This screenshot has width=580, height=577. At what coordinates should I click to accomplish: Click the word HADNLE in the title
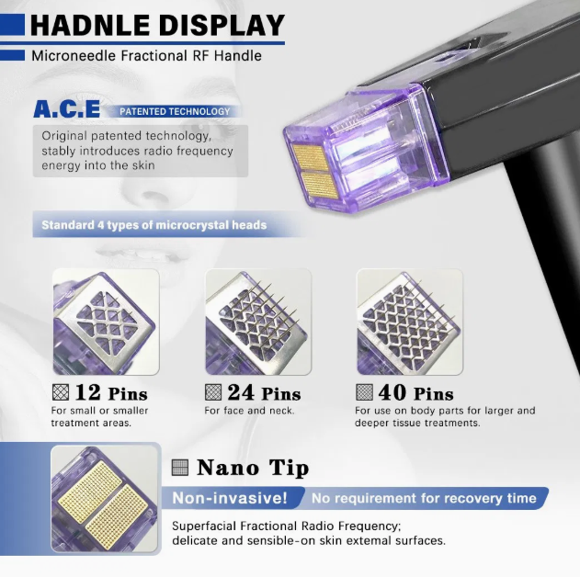coord(89,26)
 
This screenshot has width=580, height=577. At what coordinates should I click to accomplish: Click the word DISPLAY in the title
coord(222,26)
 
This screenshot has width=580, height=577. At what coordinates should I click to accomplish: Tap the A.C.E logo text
coord(66,108)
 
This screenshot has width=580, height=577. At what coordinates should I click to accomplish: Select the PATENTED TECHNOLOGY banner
coord(175,111)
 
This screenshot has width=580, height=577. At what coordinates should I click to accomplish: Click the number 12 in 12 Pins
coord(87,392)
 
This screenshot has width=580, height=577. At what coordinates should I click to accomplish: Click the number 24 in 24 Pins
coord(241,392)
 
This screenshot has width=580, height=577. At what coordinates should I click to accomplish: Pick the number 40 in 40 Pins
coord(392,392)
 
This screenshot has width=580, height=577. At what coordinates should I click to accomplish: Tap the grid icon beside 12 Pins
coord(61,392)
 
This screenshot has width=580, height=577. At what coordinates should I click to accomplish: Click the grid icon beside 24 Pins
coord(213,392)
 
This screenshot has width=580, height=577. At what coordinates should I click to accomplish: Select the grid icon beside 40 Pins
coord(364,392)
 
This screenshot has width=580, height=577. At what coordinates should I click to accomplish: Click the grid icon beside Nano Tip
coord(180,468)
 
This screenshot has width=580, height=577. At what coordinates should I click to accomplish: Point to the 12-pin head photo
coord(106,322)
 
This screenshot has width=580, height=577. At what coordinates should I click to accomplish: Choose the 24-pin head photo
coord(258,322)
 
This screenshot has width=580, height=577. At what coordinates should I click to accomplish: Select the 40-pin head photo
coord(409,322)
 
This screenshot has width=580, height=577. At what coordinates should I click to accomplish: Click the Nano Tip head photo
coord(105,499)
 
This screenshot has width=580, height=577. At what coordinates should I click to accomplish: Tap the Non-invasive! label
coord(230,498)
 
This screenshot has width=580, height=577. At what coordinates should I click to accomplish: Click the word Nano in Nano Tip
coord(227,468)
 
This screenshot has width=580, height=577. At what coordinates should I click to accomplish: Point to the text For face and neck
coord(249,411)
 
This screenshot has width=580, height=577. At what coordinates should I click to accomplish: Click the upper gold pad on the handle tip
coord(311,157)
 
